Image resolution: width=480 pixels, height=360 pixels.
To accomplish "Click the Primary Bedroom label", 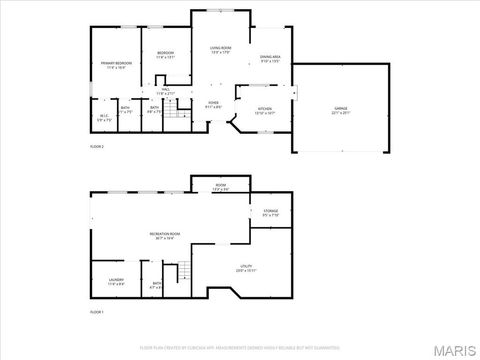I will pos(117,63).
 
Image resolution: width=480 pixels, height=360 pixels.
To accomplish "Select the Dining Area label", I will pos(270,58).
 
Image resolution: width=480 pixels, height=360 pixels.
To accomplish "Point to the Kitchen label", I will pos(265,109).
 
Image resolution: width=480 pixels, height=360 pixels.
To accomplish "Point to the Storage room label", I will pos(271,211).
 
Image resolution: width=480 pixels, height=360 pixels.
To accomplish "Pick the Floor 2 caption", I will pos(97,146).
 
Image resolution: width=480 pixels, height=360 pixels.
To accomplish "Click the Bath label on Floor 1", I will pos(157,284).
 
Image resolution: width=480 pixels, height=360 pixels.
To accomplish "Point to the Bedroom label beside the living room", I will pos(166,54).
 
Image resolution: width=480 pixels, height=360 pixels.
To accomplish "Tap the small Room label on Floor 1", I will pos(220,186).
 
